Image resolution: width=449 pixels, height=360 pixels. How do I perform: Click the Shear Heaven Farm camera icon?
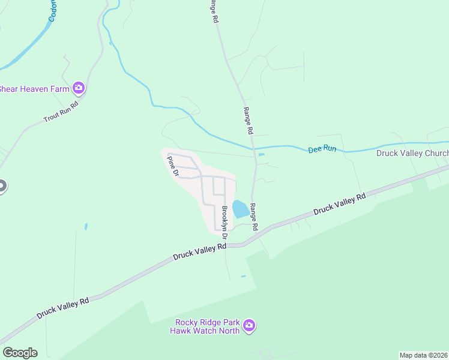coord(79,89)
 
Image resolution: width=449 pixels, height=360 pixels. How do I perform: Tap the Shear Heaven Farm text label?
coord(34,89)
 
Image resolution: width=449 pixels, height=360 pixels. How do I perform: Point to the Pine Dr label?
coord(173,166)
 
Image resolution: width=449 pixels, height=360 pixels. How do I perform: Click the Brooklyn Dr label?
coord(226,218)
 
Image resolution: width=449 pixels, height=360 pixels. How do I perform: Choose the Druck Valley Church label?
coord(412,153)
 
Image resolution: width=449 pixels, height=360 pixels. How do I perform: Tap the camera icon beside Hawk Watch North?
coord(249,326)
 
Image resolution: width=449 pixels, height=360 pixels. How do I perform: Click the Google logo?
coord(20,353)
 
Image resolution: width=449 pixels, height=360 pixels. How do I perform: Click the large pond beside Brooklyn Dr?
coord(240,209)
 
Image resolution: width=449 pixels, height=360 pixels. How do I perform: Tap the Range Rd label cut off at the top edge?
coord(213,11)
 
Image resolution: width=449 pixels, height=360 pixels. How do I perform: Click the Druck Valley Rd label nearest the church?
coord(339,203)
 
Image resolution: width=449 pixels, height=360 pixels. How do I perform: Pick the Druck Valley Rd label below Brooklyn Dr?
coord(199,251)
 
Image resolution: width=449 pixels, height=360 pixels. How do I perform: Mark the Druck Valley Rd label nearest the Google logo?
coord(62,308)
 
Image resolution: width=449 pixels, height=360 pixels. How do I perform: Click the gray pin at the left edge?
coord(2,185)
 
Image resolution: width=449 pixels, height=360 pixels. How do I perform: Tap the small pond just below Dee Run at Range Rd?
coord(261,155)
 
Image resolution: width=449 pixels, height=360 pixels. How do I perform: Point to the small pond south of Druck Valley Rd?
coord(243,277)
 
